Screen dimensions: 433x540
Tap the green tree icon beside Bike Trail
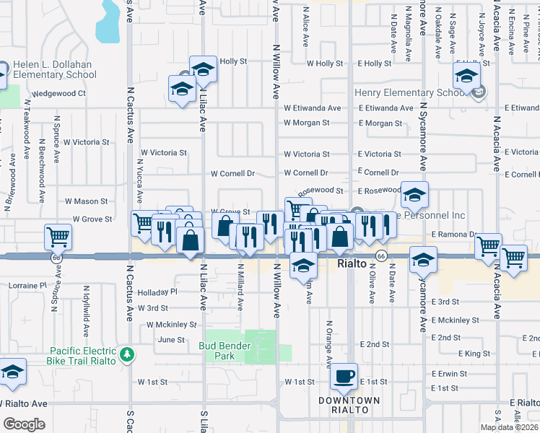pos(127,354)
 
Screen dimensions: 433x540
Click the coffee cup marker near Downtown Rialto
pos(344,377)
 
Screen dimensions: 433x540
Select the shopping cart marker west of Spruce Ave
pos(58,236)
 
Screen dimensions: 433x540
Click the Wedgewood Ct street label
pos(59,93)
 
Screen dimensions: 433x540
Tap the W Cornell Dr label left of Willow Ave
pos(233,173)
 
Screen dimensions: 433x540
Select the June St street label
pos(171,339)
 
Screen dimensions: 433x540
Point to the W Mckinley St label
pos(171,325)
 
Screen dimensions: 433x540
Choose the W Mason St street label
pos(86,201)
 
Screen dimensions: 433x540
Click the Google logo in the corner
pos(24,424)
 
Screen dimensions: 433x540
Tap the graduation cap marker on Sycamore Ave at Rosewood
pos(415,195)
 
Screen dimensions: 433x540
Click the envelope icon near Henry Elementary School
pos(479,91)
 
